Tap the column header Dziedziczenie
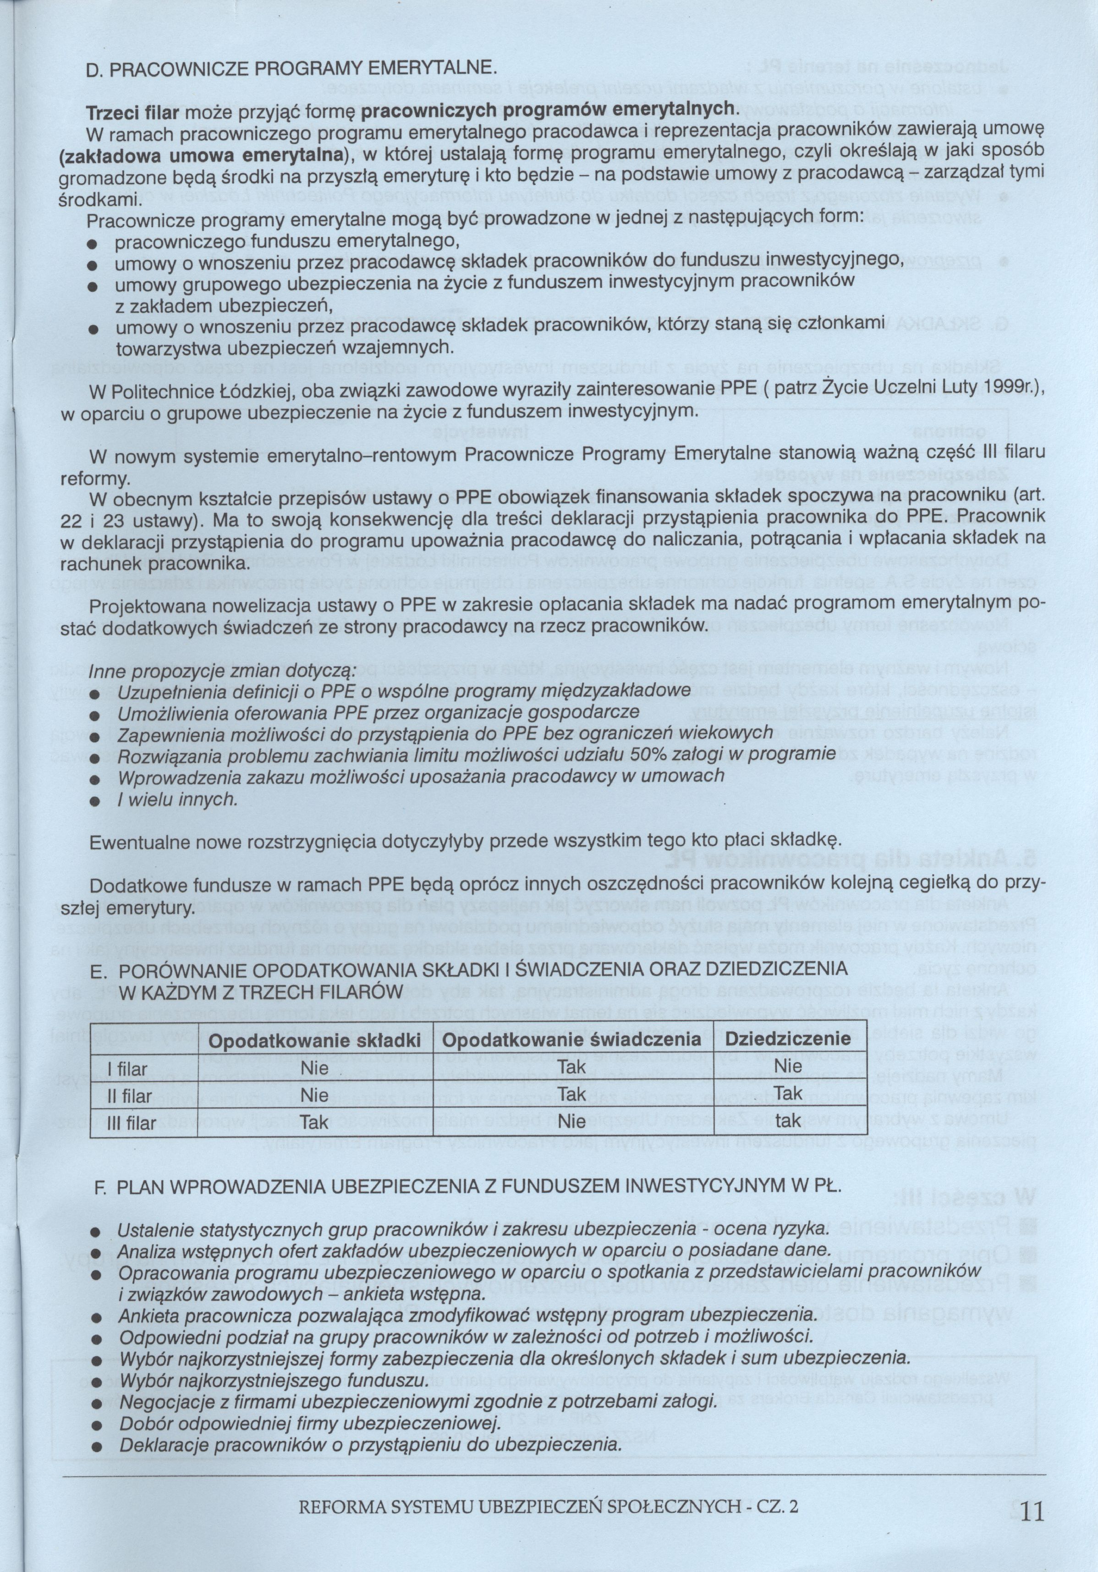click(788, 1039)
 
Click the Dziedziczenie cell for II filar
click(788, 1094)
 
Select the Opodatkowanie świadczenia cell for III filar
click(571, 1122)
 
